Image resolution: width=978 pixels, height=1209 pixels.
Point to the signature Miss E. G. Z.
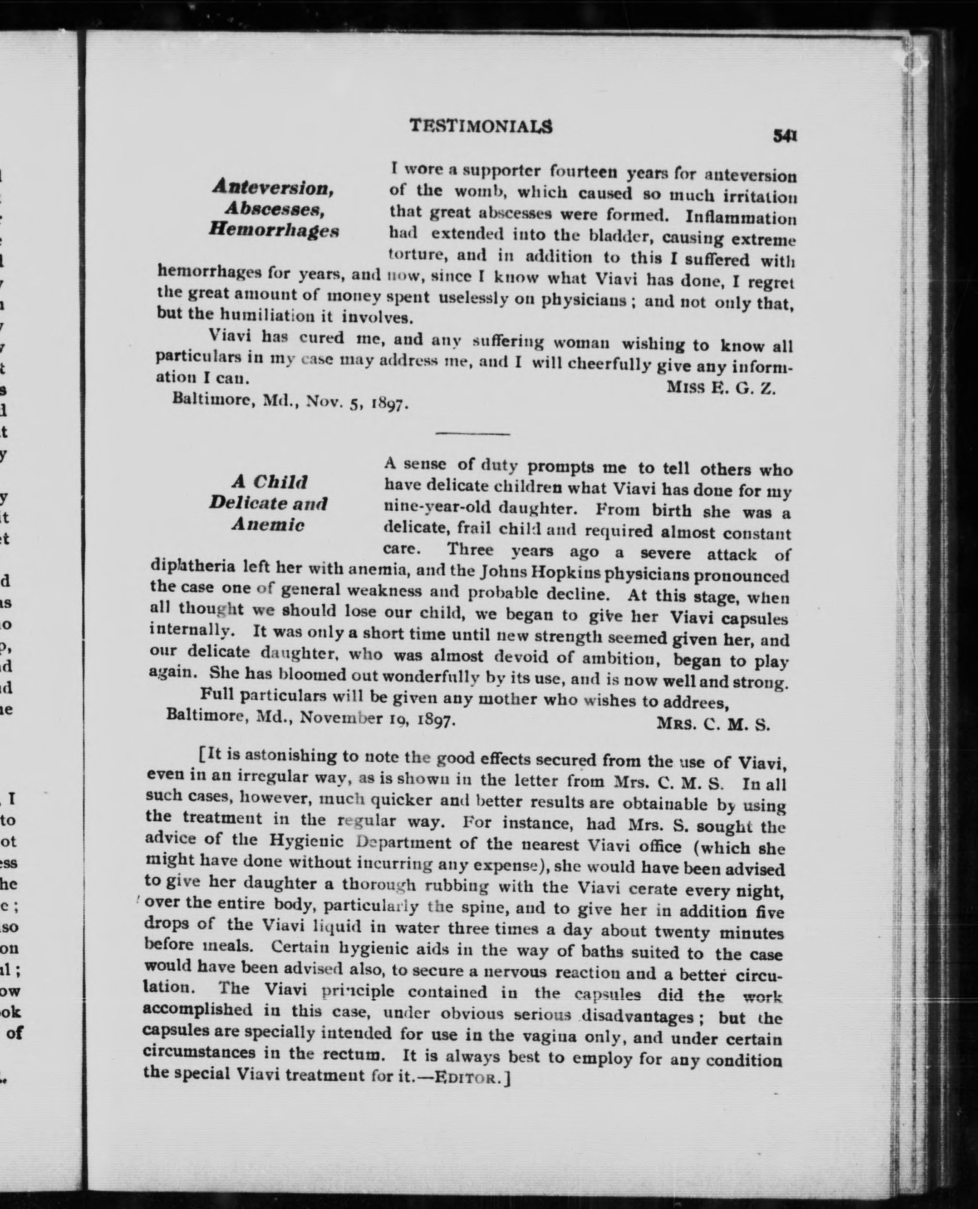(721, 388)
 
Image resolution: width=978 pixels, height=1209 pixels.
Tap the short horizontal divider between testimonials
(473, 434)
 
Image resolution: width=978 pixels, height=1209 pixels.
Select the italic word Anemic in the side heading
(268, 525)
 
